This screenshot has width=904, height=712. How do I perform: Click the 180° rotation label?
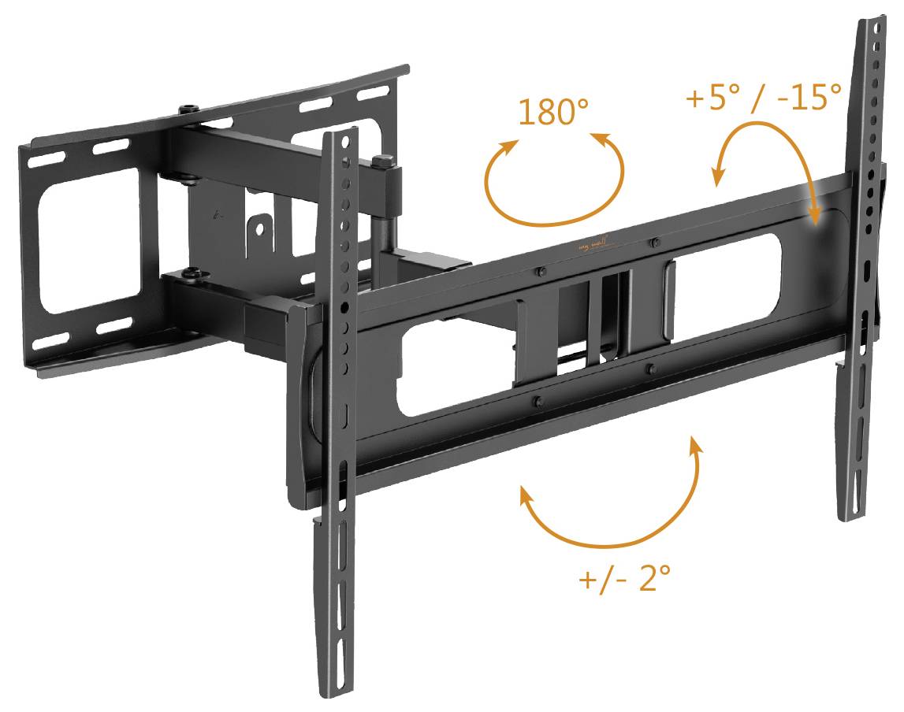tap(553, 112)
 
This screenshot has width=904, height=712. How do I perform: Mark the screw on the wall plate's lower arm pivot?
tap(192, 273)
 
